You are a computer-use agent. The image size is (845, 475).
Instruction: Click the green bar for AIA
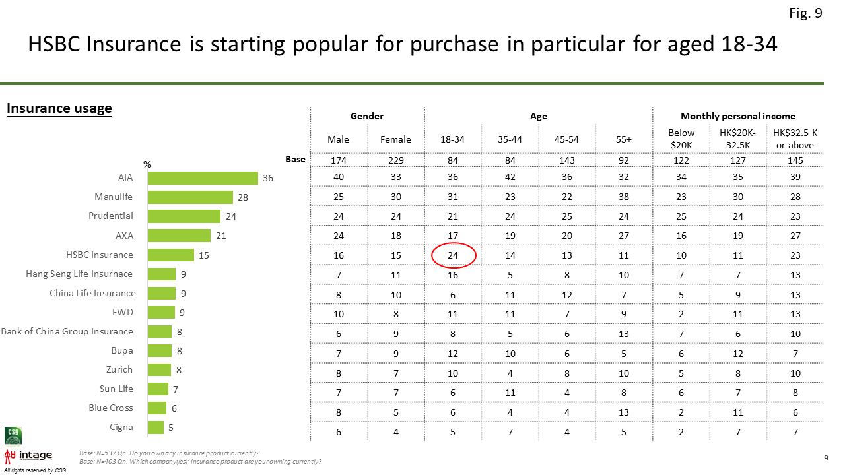(203, 178)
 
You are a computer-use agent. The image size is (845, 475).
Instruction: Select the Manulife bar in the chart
(191, 197)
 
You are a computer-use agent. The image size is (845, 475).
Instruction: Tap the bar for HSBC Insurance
(171, 255)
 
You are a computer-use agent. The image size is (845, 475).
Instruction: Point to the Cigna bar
(156, 427)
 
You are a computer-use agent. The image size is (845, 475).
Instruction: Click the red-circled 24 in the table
(453, 255)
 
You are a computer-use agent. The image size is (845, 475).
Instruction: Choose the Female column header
(395, 139)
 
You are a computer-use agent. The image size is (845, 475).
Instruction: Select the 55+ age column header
(624, 139)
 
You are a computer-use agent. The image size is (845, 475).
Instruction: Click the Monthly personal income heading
(738, 116)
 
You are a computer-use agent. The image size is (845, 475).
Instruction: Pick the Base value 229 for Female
(395, 160)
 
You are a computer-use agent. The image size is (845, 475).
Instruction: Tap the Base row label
(295, 159)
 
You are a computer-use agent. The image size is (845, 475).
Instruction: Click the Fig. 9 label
(805, 13)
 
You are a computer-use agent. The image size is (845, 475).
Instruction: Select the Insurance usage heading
(59, 108)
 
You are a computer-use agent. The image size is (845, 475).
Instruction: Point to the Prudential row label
(110, 216)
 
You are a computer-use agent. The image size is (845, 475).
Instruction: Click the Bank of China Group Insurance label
(67, 331)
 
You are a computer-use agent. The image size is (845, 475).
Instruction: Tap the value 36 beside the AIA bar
(268, 178)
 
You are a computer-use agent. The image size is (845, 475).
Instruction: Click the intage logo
(28, 456)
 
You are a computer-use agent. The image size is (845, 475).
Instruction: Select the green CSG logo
(13, 435)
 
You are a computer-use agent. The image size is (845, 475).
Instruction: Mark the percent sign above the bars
(147, 164)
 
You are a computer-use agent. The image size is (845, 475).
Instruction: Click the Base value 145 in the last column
(795, 160)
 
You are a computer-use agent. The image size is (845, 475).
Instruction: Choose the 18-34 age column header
(452, 139)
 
